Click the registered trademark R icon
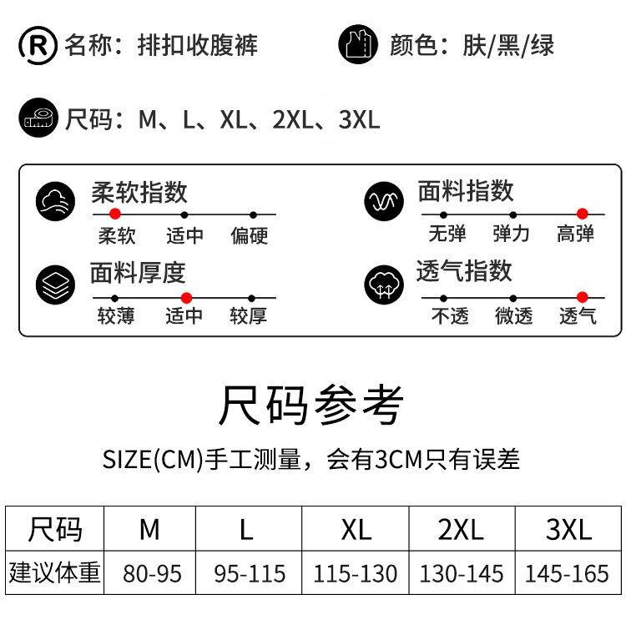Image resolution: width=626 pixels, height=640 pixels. (x=38, y=45)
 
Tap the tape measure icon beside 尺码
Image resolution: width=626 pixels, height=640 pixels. (x=38, y=118)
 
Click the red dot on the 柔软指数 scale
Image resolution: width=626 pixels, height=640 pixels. (x=115, y=214)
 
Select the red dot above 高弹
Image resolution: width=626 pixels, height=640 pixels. (x=582, y=214)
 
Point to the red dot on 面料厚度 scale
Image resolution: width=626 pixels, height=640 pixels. (x=186, y=297)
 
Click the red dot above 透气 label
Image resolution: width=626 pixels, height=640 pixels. (x=582, y=297)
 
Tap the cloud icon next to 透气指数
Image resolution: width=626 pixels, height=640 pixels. (x=384, y=285)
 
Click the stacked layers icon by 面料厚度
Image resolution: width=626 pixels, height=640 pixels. (x=56, y=284)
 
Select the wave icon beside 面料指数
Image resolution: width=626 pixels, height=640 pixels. (x=384, y=202)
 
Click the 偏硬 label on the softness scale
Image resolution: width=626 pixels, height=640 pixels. (x=250, y=236)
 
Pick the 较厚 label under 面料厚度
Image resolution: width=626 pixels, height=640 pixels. (x=248, y=317)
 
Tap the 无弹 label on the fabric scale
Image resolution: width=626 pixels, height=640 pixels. (x=447, y=234)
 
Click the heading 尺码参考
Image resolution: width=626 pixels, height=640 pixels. (x=311, y=406)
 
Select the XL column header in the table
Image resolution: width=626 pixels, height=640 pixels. (x=356, y=530)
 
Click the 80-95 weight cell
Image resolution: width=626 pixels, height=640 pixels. (x=152, y=574)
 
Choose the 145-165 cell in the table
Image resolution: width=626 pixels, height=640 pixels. (x=568, y=574)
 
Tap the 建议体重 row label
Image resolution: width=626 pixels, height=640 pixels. (x=55, y=573)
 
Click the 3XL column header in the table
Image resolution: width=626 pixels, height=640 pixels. (x=568, y=530)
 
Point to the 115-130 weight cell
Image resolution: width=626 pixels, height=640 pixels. (x=356, y=574)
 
